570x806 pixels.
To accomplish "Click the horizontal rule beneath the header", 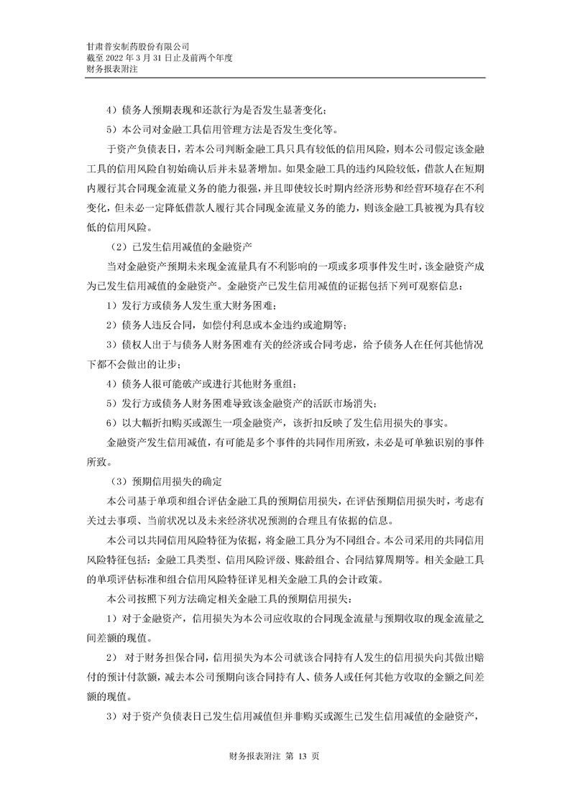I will point(285,78).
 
